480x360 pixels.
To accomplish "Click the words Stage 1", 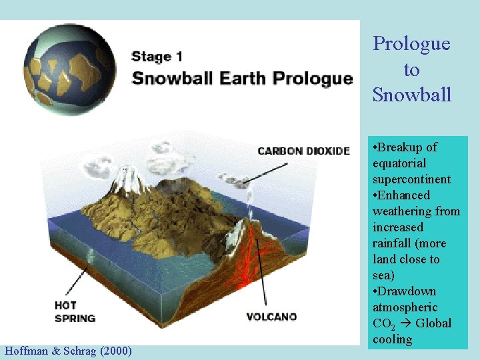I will (x=157, y=57).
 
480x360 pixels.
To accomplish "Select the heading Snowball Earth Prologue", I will (x=242, y=78).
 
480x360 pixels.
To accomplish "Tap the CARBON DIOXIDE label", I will (x=303, y=151).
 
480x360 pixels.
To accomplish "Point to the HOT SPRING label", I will (x=75, y=312).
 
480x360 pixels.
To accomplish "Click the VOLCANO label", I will (x=271, y=317).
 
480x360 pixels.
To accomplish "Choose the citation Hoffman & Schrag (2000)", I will (x=68, y=351).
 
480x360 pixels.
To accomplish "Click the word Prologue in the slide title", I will (x=411, y=44).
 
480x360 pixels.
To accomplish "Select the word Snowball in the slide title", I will (x=411, y=95).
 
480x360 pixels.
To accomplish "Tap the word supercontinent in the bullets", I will (x=411, y=179).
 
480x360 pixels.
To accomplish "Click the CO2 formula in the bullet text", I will (x=383, y=324).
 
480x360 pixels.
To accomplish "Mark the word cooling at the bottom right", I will (x=392, y=339).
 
